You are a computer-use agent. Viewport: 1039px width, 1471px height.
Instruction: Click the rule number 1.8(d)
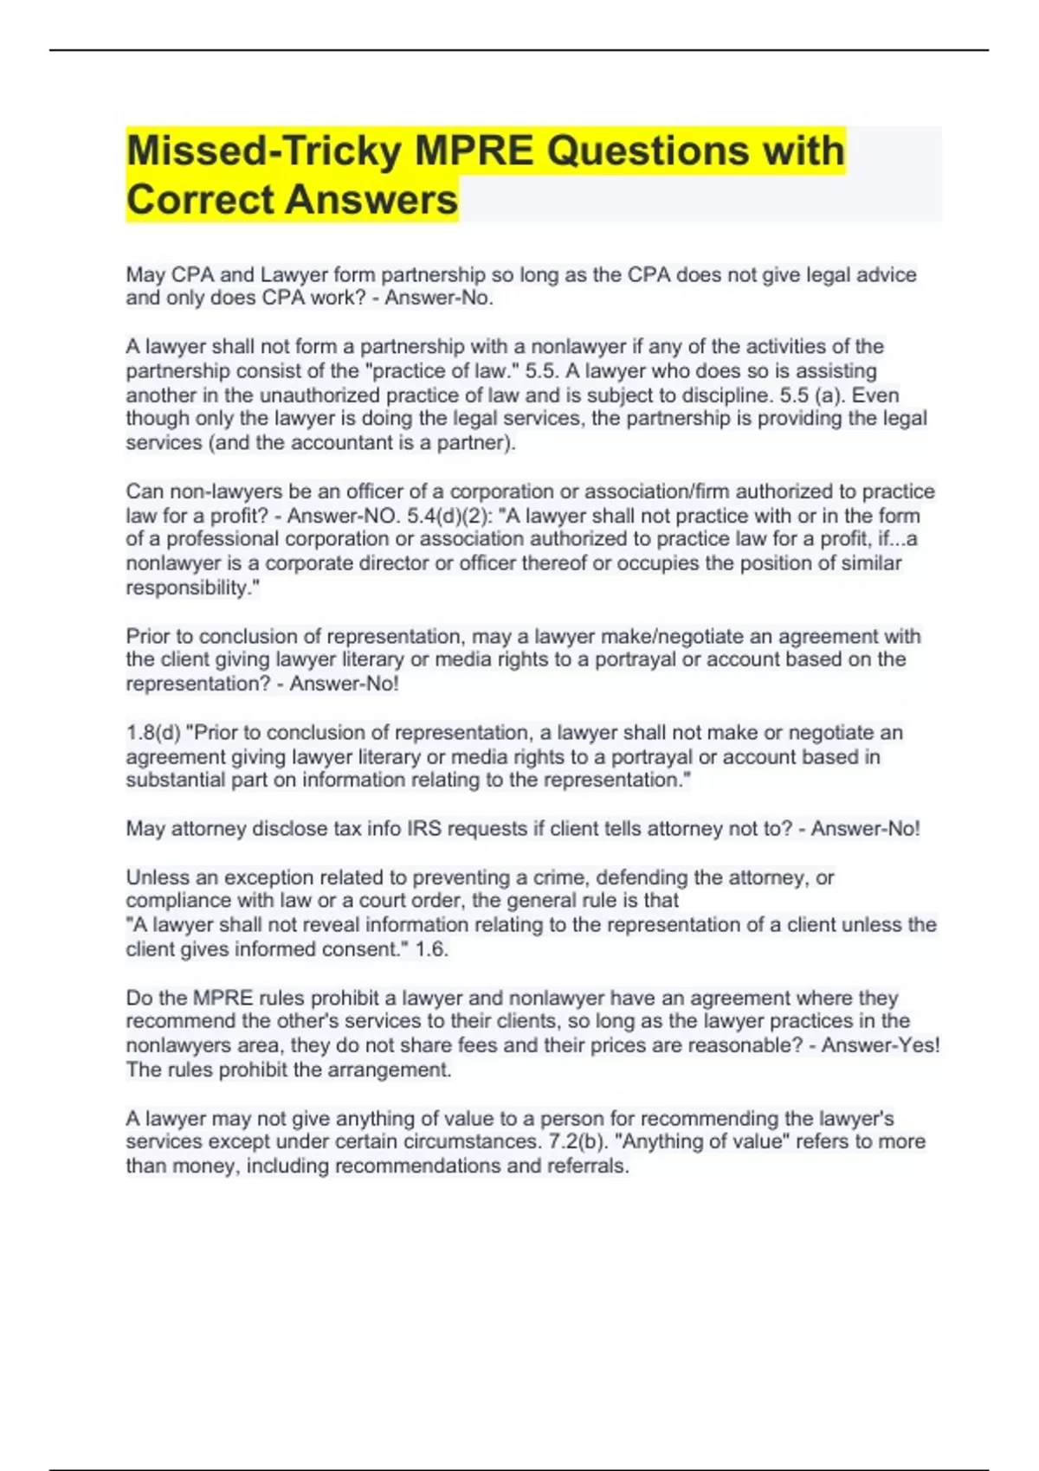click(x=153, y=733)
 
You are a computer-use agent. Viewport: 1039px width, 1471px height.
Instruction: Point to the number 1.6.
click(x=431, y=949)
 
